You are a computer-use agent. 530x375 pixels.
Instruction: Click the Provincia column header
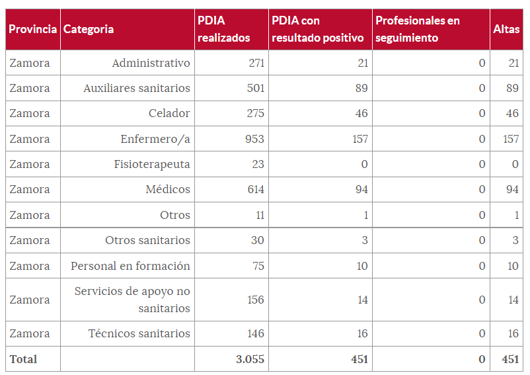point(32,29)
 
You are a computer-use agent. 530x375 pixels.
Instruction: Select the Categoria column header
point(89,29)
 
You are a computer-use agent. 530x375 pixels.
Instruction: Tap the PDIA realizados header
point(224,29)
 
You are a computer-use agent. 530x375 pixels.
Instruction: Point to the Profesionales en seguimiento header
point(418,29)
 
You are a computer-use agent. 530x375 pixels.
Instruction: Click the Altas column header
point(506,29)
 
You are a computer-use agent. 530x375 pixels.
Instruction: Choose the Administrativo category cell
point(151,63)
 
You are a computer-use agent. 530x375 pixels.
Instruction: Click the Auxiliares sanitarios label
point(137,88)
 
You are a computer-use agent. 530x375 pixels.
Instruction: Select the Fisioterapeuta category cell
point(152,164)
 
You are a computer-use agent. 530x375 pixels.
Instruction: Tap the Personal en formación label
point(131,266)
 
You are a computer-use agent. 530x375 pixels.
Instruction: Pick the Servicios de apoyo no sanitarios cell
point(132,300)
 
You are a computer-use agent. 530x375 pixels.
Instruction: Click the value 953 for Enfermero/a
point(255,139)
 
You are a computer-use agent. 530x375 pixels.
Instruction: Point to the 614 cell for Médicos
point(255,189)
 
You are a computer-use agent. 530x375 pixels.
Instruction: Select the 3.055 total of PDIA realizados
point(250,359)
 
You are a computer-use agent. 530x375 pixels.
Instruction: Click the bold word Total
point(23,359)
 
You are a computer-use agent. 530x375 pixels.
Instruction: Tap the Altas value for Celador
point(512,113)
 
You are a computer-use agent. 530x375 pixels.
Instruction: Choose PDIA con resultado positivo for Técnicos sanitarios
point(361,334)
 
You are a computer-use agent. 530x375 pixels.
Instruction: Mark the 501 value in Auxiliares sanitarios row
point(255,88)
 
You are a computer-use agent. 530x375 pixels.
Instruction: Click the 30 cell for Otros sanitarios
point(257,240)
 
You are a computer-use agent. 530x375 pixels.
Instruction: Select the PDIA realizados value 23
point(258,164)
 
